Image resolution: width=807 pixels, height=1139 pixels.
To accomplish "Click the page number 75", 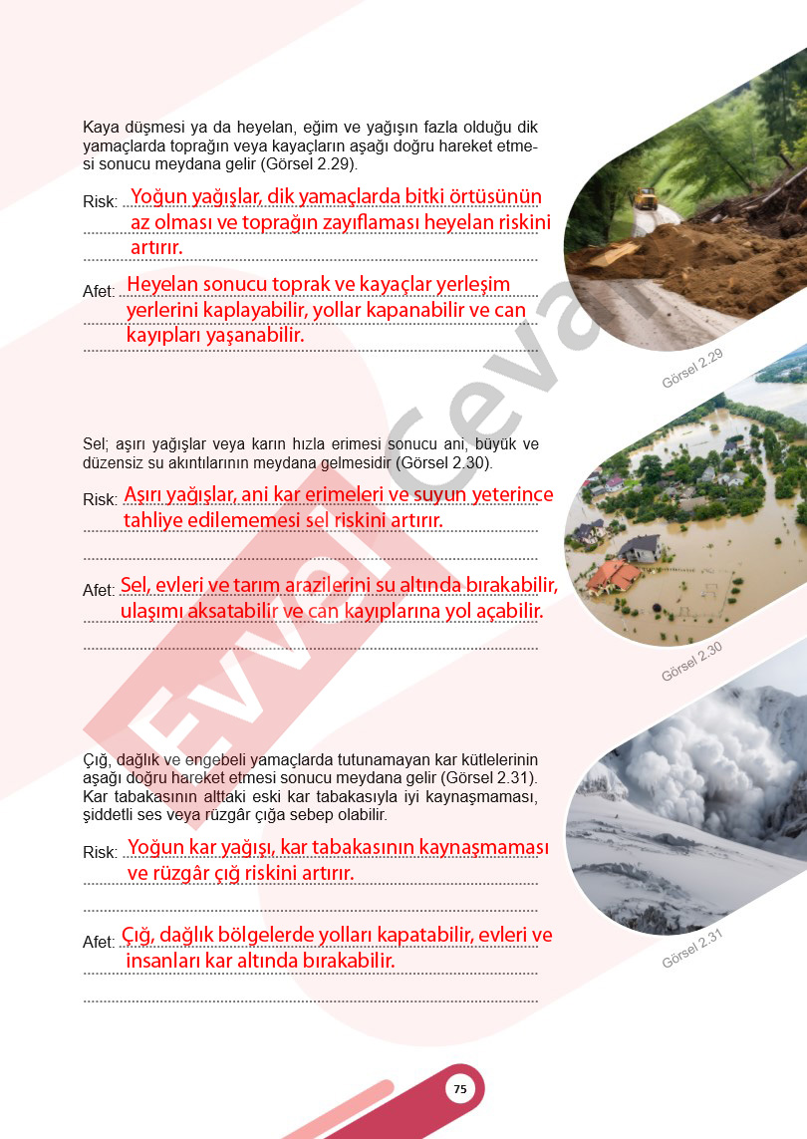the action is pos(459,1089).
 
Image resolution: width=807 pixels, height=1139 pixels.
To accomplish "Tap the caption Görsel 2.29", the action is pos(691,369).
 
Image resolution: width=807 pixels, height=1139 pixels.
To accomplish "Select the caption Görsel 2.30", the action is pos(691,662).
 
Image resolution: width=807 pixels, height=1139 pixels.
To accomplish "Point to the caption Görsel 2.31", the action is pos(691,948).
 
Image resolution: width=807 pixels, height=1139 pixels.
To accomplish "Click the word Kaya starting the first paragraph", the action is pos(100,128).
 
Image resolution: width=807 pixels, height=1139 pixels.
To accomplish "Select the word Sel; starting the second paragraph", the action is pos(96,444).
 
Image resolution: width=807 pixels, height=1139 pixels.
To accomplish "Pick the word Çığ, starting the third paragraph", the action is pos(98,760).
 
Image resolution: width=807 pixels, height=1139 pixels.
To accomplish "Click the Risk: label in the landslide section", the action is pos(100,201).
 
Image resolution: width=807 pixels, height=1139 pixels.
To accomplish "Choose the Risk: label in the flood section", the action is pos(100,499).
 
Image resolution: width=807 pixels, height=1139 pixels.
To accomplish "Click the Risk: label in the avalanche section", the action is pos(100,852).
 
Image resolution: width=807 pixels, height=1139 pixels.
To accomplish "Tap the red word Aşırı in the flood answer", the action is pos(149,495).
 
